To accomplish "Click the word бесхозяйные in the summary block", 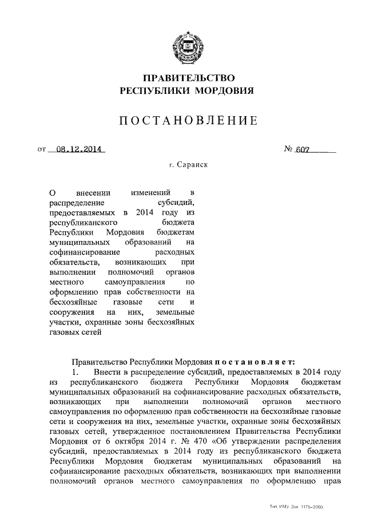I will (73, 302).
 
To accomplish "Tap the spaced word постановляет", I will (254, 362).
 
